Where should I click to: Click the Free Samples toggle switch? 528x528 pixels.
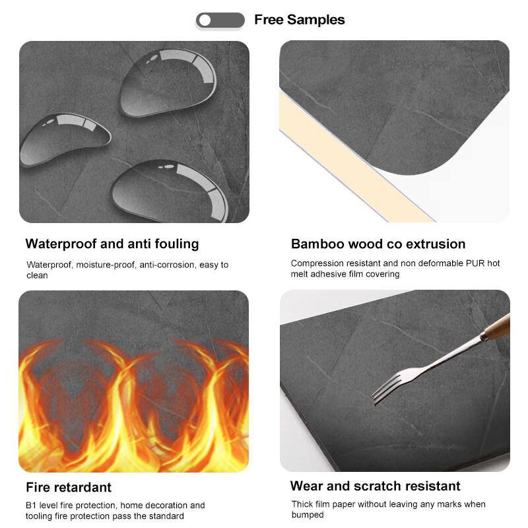pyautogui.click(x=220, y=20)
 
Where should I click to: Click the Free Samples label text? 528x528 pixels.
pyautogui.click(x=300, y=20)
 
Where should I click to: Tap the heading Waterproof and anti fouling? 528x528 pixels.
pyautogui.click(x=112, y=244)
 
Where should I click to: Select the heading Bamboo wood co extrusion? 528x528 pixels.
pyautogui.click(x=378, y=244)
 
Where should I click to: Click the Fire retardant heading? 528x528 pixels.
pyautogui.click(x=69, y=487)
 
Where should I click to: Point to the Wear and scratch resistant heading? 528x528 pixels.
pyautogui.click(x=375, y=486)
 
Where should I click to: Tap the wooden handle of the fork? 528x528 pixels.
pyautogui.click(x=498, y=327)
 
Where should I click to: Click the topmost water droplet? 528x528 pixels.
pyautogui.click(x=168, y=82)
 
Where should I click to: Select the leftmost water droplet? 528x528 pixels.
pyautogui.click(x=65, y=139)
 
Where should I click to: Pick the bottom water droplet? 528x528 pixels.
pyautogui.click(x=170, y=191)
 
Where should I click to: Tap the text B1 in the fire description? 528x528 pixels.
pyautogui.click(x=31, y=506)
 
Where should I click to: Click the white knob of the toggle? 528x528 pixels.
pyautogui.click(x=205, y=20)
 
